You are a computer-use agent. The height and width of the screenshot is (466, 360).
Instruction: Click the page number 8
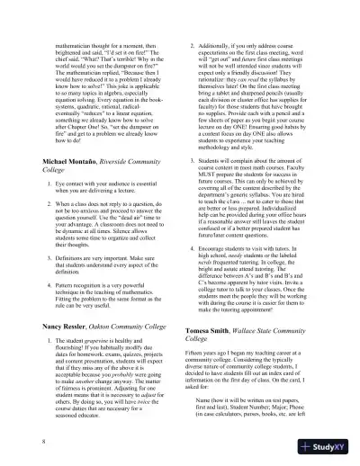tap(44, 443)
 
